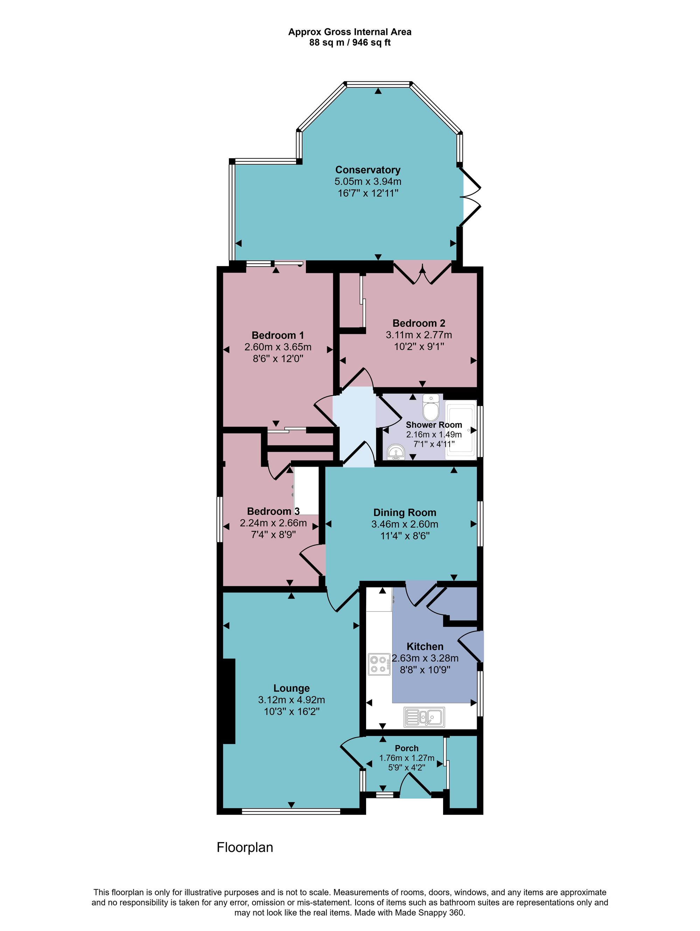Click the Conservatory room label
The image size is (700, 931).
pos(367,170)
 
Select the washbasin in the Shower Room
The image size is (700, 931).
pos(396,453)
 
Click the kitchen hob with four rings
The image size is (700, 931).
pos(379,664)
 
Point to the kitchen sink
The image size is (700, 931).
pos(423,717)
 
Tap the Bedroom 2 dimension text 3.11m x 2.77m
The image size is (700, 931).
pos(419,335)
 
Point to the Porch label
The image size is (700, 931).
pos(406,748)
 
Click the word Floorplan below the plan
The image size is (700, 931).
pos(245,847)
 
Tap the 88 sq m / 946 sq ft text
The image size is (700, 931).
pos(350,42)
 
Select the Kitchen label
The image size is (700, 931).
pos(425,646)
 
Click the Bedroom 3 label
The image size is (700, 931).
pos(273,511)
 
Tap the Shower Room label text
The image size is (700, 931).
pos(434,425)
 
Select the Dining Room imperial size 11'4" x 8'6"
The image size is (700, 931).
pos(405,536)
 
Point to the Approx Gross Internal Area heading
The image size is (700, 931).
pos(350,32)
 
